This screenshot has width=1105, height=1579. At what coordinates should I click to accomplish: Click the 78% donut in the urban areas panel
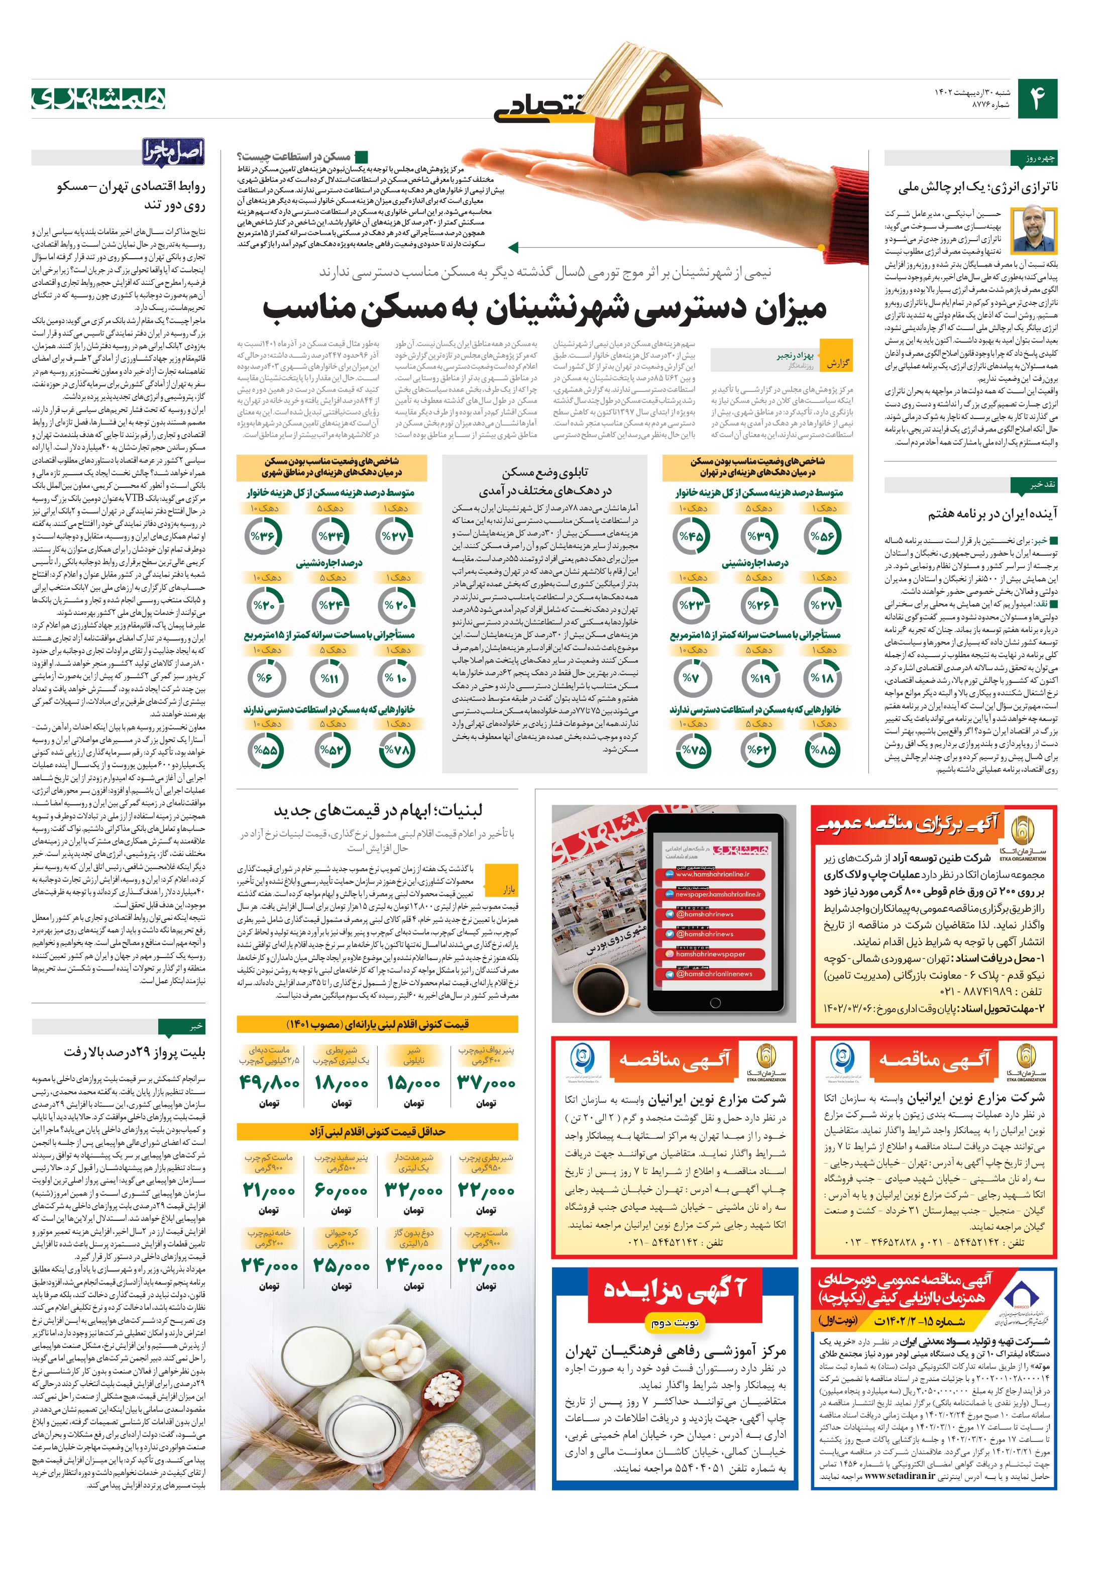point(396,750)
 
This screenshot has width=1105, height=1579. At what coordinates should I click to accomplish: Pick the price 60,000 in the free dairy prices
point(341,1189)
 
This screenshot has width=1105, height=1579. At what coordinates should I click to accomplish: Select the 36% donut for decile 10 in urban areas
point(262,537)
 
